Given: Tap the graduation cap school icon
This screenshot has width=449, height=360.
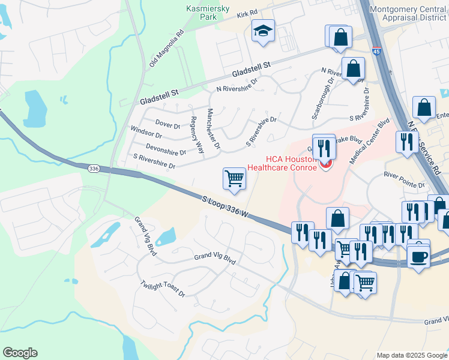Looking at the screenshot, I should [262, 31].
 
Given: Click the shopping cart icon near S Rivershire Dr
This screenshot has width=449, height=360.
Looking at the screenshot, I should [234, 178].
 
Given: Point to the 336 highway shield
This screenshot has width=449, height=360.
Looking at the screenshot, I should [93, 169].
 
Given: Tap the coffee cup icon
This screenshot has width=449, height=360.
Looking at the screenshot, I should [418, 257].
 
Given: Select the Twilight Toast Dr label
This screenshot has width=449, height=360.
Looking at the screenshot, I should [163, 289].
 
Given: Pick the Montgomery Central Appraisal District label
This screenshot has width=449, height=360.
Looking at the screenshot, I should [409, 13].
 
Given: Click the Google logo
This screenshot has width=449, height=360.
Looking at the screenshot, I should [20, 353].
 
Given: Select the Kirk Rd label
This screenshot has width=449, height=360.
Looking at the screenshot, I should [246, 13].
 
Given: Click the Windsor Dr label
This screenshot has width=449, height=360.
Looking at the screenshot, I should [146, 133].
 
